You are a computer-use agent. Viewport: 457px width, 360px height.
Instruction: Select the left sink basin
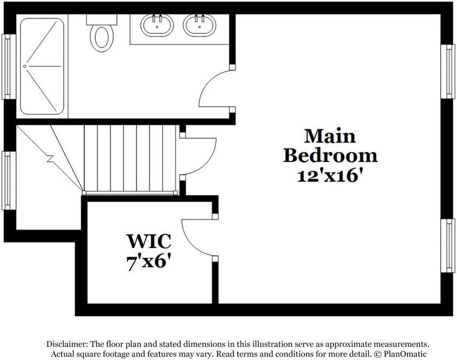point(157,25)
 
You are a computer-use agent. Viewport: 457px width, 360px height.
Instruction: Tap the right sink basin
point(199,25)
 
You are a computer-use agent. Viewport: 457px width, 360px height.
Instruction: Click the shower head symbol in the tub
point(25,66)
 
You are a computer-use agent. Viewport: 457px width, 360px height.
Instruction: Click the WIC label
point(149,240)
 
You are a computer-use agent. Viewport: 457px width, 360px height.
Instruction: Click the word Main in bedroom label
point(330,135)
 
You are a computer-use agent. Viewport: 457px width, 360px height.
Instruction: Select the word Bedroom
point(330,156)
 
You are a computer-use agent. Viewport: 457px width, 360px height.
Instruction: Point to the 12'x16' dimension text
point(330,176)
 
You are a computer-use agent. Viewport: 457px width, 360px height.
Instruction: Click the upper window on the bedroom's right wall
point(447,70)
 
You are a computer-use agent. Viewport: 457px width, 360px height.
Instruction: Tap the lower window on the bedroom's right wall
point(447,246)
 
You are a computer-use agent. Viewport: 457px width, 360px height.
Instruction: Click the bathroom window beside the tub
point(7,66)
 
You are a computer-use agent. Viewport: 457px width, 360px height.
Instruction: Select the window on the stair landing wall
point(7,180)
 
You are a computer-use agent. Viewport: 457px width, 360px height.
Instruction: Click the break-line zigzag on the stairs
point(51,159)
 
